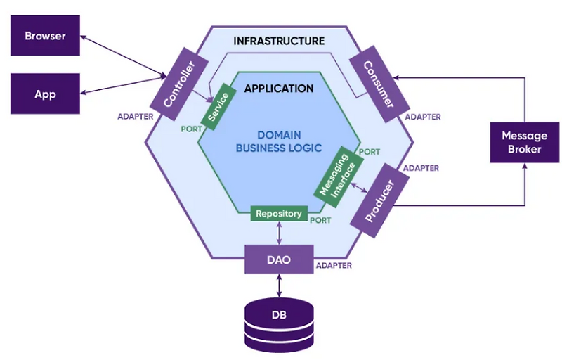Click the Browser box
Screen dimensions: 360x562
click(45, 36)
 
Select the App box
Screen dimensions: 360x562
click(45, 94)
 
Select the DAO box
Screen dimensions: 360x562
click(278, 259)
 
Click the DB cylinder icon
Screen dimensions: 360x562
click(279, 319)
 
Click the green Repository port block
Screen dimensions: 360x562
click(279, 213)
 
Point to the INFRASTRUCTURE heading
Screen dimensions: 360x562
click(279, 41)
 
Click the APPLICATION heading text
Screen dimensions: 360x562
click(279, 89)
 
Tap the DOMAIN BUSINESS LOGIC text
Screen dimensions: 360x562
click(279, 141)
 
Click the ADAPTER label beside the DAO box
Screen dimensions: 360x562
click(334, 266)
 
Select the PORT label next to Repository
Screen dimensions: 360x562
click(320, 220)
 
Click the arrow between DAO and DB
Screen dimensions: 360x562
click(279, 285)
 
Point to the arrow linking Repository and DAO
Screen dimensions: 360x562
click(279, 233)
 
